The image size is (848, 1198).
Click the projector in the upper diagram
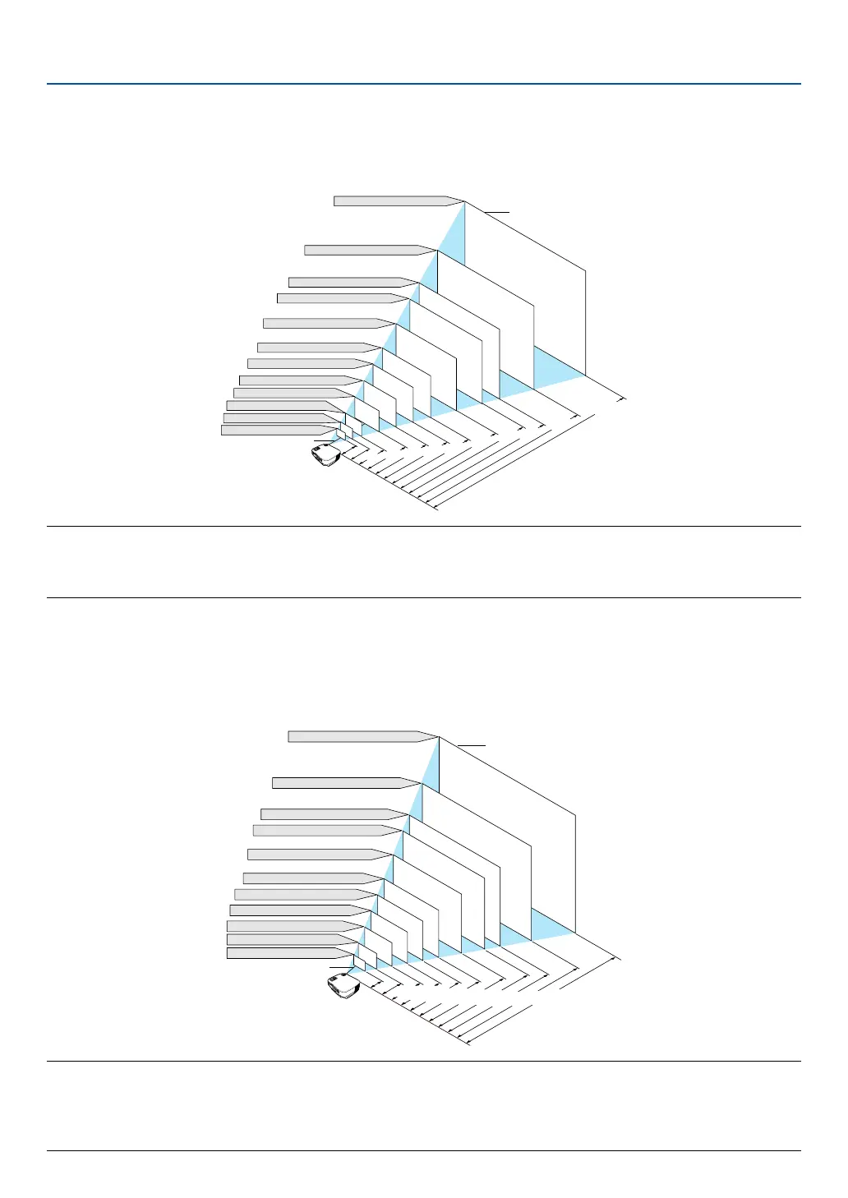(326, 454)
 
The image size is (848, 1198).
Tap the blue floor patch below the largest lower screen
(551, 924)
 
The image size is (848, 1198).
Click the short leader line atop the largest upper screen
(496, 212)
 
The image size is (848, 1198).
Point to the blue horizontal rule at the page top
(423, 84)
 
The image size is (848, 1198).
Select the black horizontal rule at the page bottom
(423, 1150)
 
